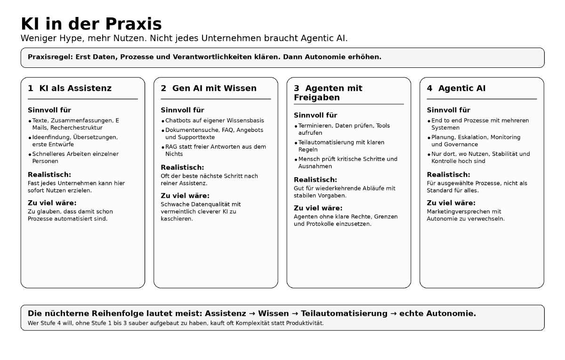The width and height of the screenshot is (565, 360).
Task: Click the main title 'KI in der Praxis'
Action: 91,24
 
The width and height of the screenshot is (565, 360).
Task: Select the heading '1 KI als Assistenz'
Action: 70,88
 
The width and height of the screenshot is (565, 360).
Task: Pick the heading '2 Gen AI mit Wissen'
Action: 209,88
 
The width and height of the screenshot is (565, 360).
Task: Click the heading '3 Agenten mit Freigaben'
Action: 328,93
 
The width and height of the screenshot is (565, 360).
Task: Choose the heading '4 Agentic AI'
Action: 456,88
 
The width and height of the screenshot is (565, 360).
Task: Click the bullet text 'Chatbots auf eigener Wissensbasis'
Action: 214,121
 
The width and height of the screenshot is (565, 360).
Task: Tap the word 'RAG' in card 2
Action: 171,147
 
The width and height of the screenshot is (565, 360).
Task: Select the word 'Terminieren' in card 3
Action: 315,126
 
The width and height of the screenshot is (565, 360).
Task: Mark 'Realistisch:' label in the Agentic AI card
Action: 448,175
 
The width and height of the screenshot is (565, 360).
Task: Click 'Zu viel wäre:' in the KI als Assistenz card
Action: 52,203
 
